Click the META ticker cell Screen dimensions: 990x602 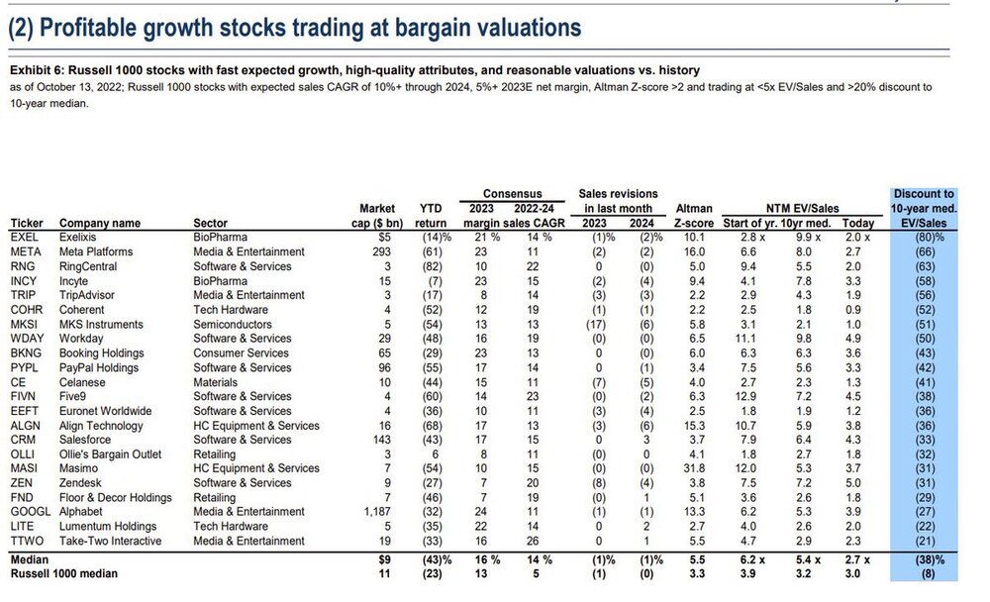(x=26, y=251)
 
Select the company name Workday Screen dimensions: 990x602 (x=81, y=339)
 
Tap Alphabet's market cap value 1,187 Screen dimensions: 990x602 (x=377, y=512)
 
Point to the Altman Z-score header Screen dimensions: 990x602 (x=694, y=216)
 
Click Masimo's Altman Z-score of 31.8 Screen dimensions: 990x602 (x=695, y=468)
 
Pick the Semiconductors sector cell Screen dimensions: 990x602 (x=233, y=324)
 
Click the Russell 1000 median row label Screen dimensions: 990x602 (x=63, y=573)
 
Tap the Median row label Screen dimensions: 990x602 (x=29, y=559)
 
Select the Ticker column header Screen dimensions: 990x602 (x=27, y=223)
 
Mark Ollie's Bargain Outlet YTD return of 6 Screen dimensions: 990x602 (x=435, y=454)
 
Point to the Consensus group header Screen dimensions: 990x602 (x=512, y=194)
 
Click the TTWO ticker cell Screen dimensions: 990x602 (x=27, y=541)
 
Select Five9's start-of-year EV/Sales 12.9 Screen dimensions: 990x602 (x=745, y=397)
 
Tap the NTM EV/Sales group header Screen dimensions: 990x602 (x=803, y=209)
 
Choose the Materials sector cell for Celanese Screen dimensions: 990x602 (x=215, y=382)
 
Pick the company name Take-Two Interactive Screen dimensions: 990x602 (x=111, y=541)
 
